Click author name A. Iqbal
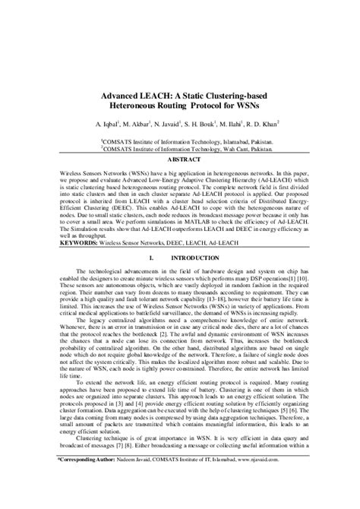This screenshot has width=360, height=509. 105,127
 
